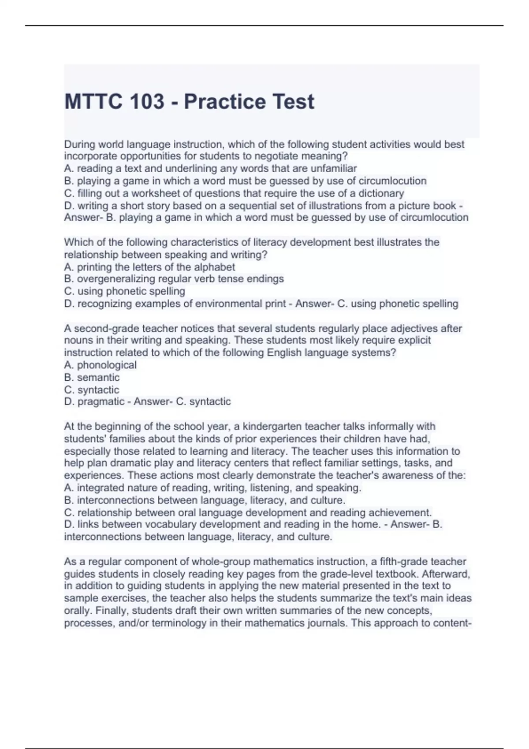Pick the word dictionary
381,193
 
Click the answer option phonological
107,365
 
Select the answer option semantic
98,377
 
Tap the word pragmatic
101,401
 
